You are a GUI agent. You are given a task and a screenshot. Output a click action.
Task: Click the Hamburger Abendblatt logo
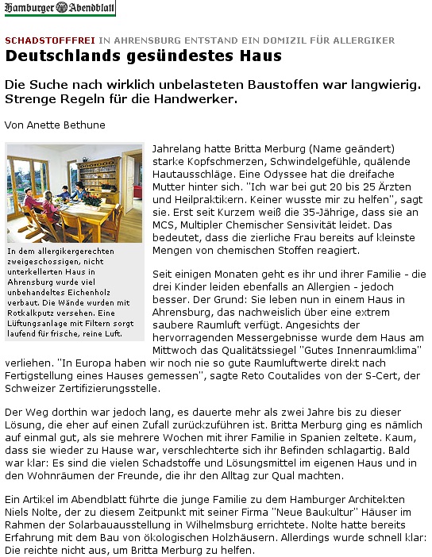click(x=59, y=9)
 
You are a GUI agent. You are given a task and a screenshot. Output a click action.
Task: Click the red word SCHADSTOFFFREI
click(x=50, y=39)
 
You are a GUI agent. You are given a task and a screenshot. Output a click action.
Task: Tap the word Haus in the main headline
click(x=260, y=56)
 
